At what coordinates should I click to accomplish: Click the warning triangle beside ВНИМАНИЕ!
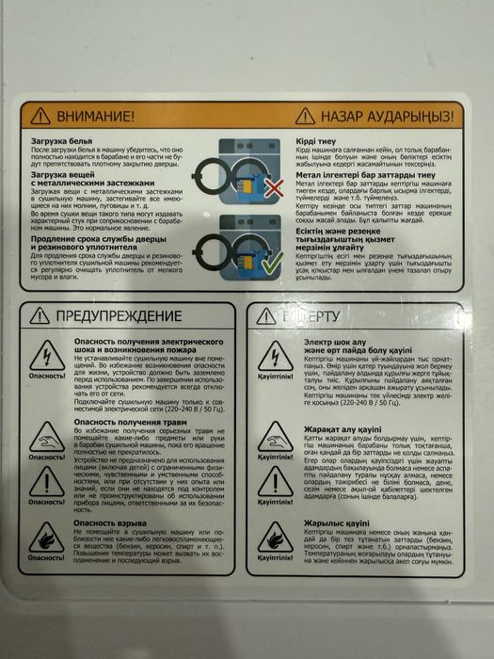[40, 116]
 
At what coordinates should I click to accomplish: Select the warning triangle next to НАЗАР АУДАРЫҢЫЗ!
[305, 115]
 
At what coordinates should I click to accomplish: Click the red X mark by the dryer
[274, 189]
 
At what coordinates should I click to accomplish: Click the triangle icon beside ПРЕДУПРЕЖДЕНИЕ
[40, 315]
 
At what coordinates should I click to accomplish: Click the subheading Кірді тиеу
[319, 137]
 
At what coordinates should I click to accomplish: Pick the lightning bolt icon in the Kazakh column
[275, 355]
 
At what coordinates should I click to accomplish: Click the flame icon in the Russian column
[46, 536]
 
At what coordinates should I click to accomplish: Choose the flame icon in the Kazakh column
[275, 537]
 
